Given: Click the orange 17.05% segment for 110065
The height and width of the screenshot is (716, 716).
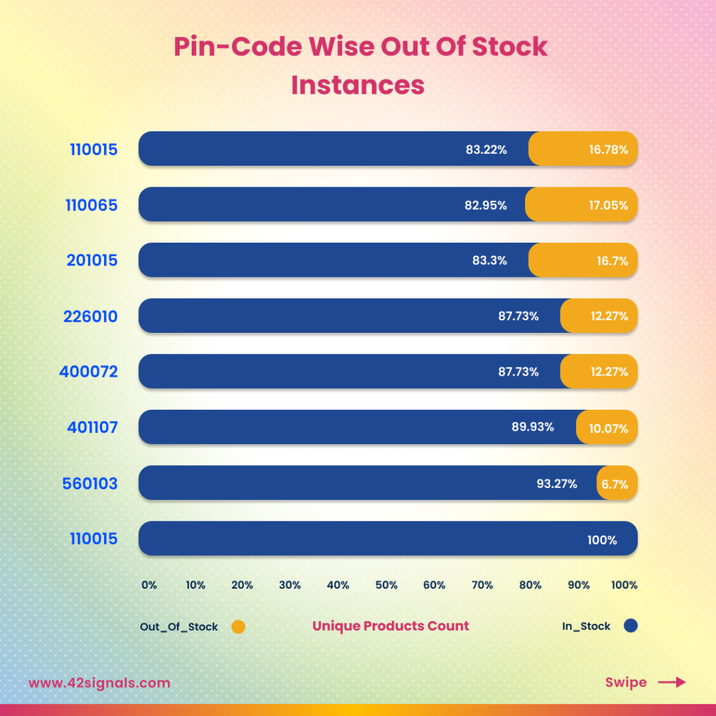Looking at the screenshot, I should coord(582,205).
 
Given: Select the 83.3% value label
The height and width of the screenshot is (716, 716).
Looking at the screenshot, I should coord(489,261).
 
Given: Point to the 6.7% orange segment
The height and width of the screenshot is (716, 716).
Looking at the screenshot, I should coord(617,483).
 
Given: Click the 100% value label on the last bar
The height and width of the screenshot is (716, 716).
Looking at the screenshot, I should coord(602,540).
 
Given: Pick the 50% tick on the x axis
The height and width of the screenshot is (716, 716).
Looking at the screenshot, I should coord(386,585).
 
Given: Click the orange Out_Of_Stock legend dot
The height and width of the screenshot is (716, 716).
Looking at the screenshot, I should coord(238,627).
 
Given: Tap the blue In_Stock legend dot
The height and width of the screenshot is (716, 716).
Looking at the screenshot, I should coord(631,626).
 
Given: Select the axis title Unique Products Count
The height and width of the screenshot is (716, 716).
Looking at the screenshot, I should coord(390,626).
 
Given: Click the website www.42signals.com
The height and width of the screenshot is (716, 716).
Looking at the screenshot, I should coord(99,683).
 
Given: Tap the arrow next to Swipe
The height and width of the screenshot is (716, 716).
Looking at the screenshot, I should coord(672,682).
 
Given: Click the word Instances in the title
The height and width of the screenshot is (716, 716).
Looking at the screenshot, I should coord(358,85).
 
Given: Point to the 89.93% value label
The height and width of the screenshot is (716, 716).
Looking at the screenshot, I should coord(533,427).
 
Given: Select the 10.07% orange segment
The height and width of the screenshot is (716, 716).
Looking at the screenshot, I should coord(607,428).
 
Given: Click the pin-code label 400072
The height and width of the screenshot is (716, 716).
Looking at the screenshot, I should coord(89,372).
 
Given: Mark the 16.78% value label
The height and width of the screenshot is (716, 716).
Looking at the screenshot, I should coord(608,150).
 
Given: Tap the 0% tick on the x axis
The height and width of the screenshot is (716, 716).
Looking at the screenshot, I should coord(149,585).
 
